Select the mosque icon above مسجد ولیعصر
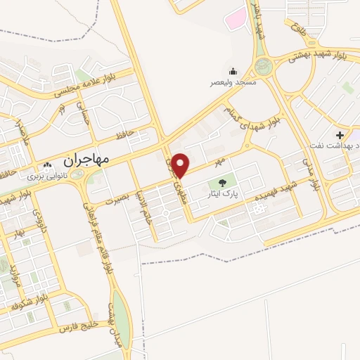click(233, 71)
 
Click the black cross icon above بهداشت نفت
click(340, 134)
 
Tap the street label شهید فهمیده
click(278, 193)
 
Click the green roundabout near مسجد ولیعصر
click(265, 67)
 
